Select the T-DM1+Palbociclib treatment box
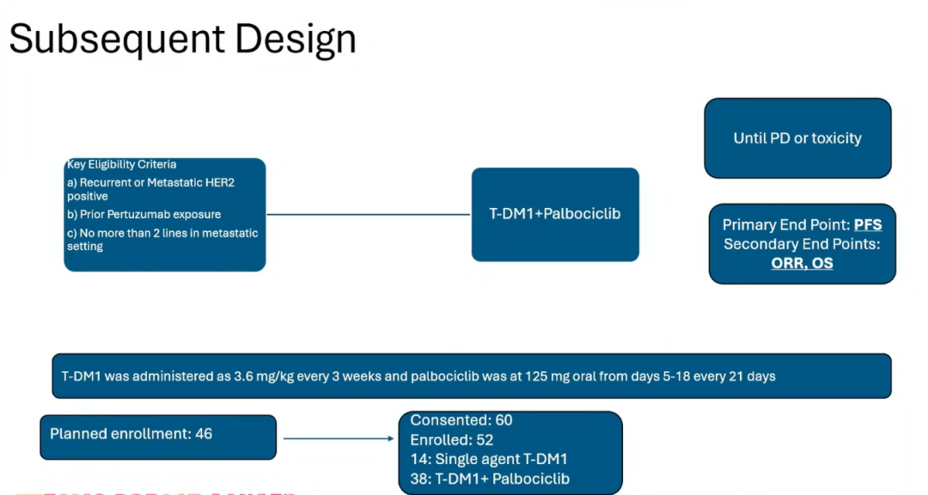(x=555, y=214)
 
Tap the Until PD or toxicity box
(x=797, y=138)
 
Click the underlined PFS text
(x=867, y=225)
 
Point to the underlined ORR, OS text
(x=802, y=263)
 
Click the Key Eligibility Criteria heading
(x=121, y=164)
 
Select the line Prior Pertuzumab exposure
(x=143, y=214)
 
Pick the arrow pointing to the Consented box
(x=339, y=438)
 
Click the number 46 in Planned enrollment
(x=203, y=434)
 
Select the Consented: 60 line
(x=461, y=420)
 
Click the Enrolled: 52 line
(x=452, y=440)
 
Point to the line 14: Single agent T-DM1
(x=489, y=459)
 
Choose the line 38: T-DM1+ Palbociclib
(x=490, y=479)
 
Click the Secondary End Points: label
(x=802, y=244)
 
